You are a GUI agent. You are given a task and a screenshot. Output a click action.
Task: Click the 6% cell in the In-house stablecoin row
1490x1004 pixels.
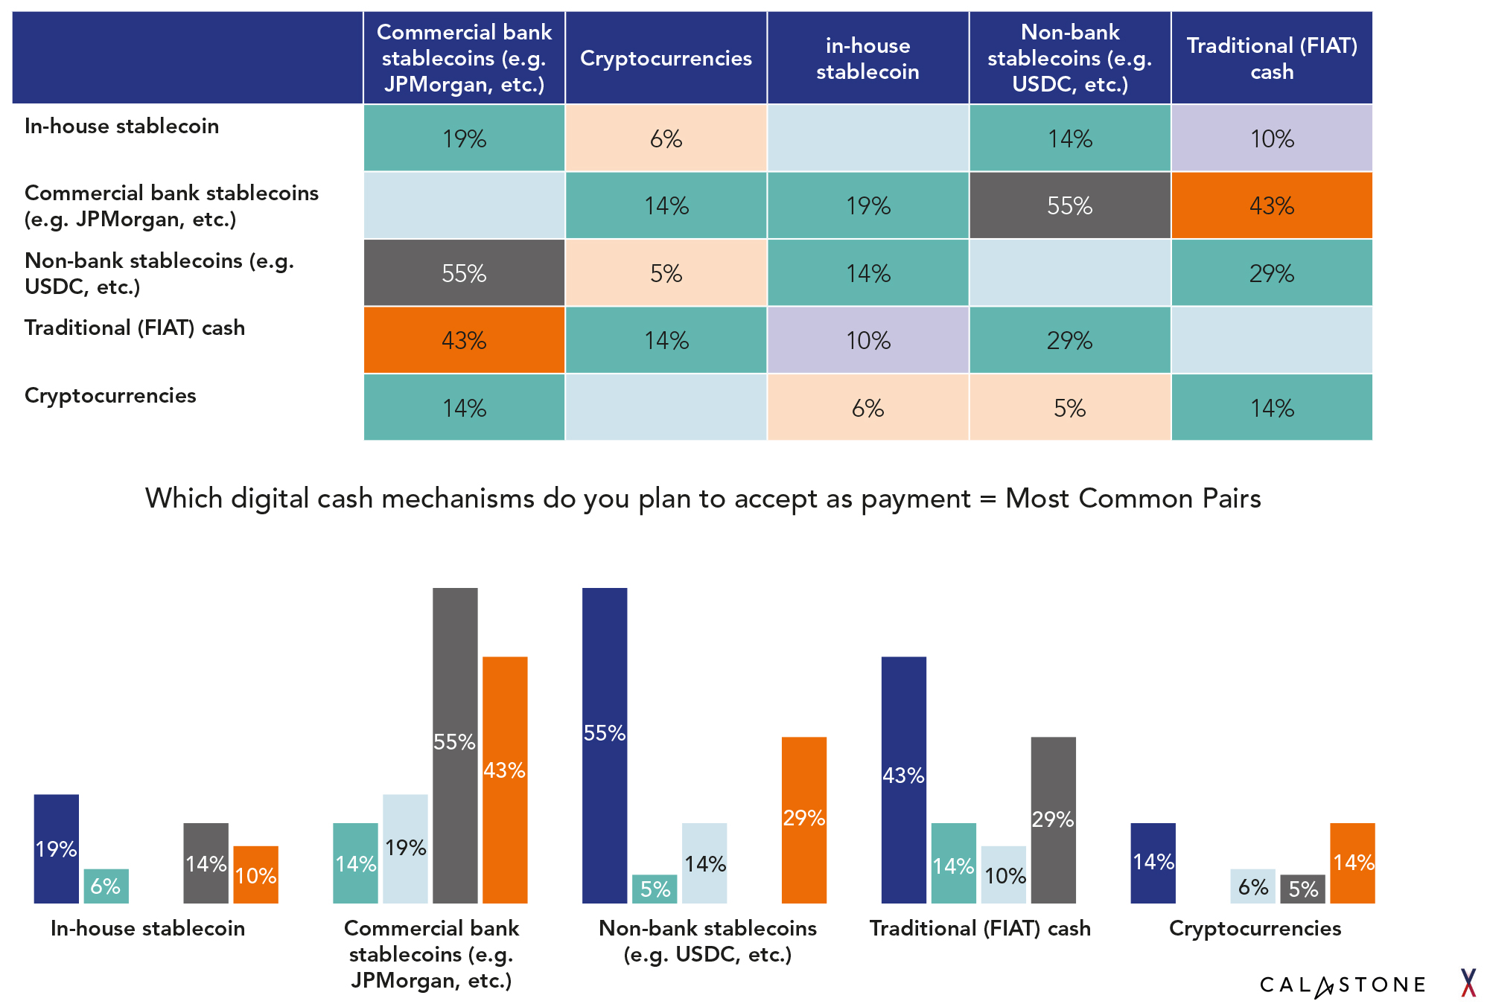coord(666,138)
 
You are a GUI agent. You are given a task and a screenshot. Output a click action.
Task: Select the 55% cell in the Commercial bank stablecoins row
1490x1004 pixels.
coord(1069,205)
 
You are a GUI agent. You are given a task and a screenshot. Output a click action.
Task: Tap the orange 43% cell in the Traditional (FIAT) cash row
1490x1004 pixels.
coord(464,340)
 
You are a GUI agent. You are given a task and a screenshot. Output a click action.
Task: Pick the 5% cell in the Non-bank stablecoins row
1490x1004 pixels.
coord(666,273)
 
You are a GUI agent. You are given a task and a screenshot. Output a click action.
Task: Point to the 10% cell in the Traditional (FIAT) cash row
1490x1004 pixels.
coord(867,340)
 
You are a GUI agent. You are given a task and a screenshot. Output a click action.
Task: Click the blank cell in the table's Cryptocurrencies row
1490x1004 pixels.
coord(666,407)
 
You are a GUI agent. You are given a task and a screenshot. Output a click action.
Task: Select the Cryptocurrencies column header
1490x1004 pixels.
coord(666,58)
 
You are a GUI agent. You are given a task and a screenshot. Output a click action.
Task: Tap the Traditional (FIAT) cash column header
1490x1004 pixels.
coord(1271,58)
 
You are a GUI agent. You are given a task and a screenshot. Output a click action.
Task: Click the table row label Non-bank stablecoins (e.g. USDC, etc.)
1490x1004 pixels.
coord(159,273)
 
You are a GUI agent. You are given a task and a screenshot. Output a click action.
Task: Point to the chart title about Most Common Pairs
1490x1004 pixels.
coord(703,498)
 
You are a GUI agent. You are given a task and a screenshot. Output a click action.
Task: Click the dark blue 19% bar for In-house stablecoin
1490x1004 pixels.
coord(57,848)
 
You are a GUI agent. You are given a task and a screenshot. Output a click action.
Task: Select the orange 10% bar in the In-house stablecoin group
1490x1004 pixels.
coord(255,874)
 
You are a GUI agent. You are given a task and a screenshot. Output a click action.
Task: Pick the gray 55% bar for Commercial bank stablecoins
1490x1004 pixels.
coord(455,744)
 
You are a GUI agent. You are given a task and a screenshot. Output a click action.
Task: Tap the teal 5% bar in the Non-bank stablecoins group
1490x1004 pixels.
coord(655,889)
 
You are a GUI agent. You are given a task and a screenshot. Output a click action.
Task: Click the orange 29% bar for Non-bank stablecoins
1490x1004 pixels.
coord(803,819)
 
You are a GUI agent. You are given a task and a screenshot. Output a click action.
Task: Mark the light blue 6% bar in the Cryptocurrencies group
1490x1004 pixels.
coord(1252,886)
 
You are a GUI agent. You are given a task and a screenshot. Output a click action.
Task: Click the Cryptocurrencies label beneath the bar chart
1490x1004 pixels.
coord(1255,928)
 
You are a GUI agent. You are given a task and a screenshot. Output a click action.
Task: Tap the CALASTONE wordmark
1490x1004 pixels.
coord(1342,985)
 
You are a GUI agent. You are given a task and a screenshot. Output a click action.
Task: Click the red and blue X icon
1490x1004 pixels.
coord(1468,982)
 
